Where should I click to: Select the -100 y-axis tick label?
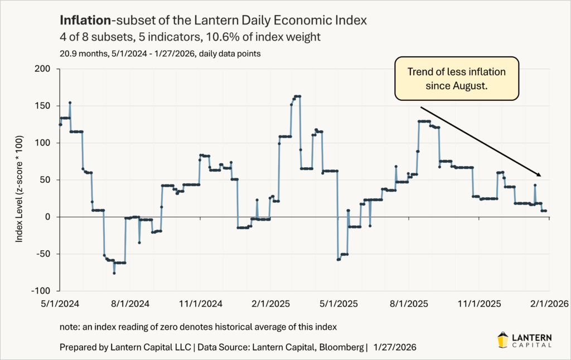(41, 291)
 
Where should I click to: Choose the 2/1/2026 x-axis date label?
(549, 304)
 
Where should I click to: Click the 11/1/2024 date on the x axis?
(200, 304)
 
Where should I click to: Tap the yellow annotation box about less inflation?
(456, 79)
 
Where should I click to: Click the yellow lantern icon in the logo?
(502, 339)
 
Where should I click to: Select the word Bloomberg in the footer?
(342, 347)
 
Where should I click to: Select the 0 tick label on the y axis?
(47, 217)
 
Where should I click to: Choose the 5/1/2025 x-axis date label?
(340, 304)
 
